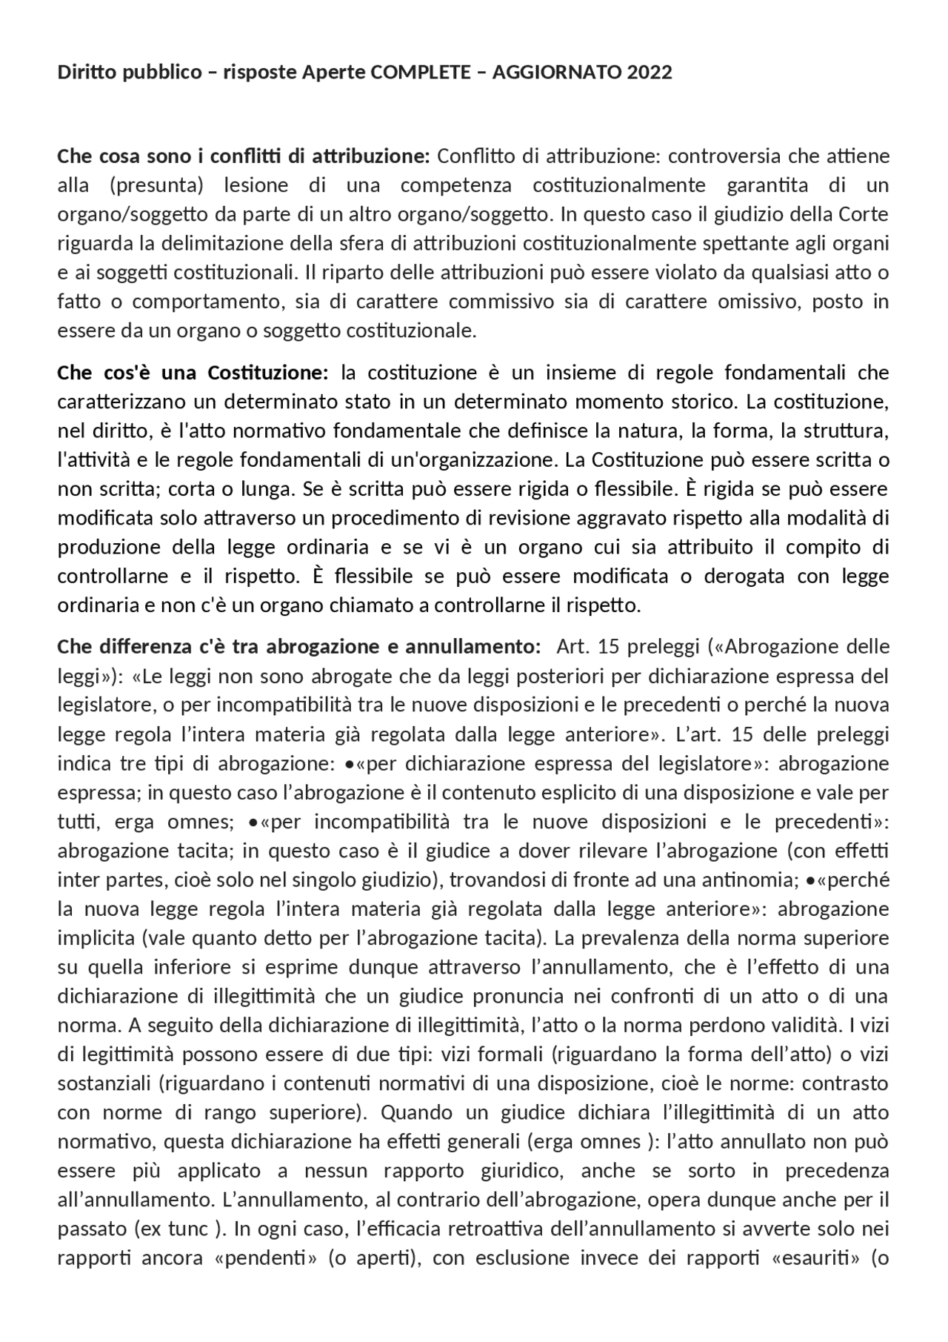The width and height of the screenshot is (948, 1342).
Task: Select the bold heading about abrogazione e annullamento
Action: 298,646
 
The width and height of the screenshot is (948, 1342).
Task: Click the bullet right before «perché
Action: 811,880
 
